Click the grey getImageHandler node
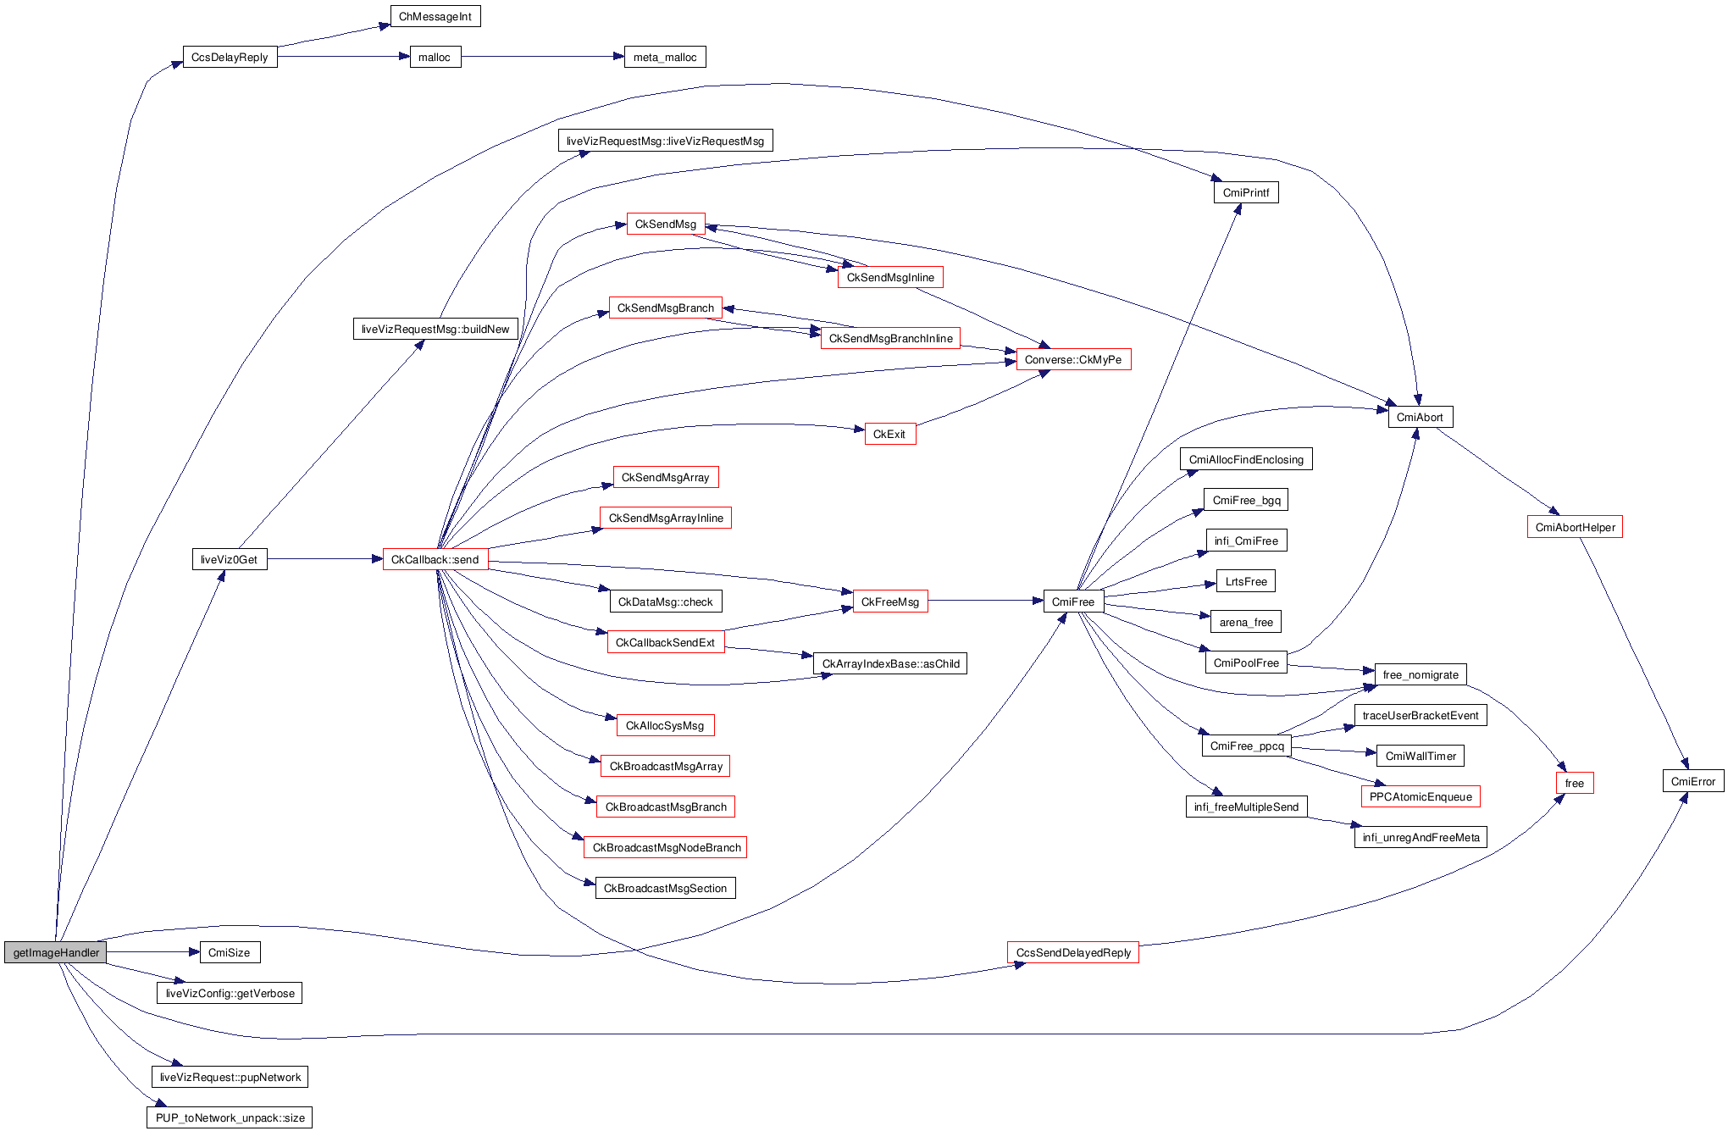point(56,952)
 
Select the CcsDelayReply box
point(230,58)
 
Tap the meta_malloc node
point(665,58)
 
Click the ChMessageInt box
point(435,17)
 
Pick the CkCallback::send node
point(435,559)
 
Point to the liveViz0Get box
point(230,559)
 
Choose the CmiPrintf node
point(1246,192)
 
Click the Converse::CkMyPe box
point(1073,359)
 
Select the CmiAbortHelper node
point(1575,527)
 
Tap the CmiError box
point(1692,781)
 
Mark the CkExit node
point(889,434)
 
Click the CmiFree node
point(1073,602)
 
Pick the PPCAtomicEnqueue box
point(1421,796)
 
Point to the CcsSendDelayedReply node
point(1073,952)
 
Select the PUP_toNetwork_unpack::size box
point(230,1117)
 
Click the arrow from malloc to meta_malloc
point(542,57)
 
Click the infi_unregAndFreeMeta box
point(1421,837)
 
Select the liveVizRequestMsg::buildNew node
point(435,329)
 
